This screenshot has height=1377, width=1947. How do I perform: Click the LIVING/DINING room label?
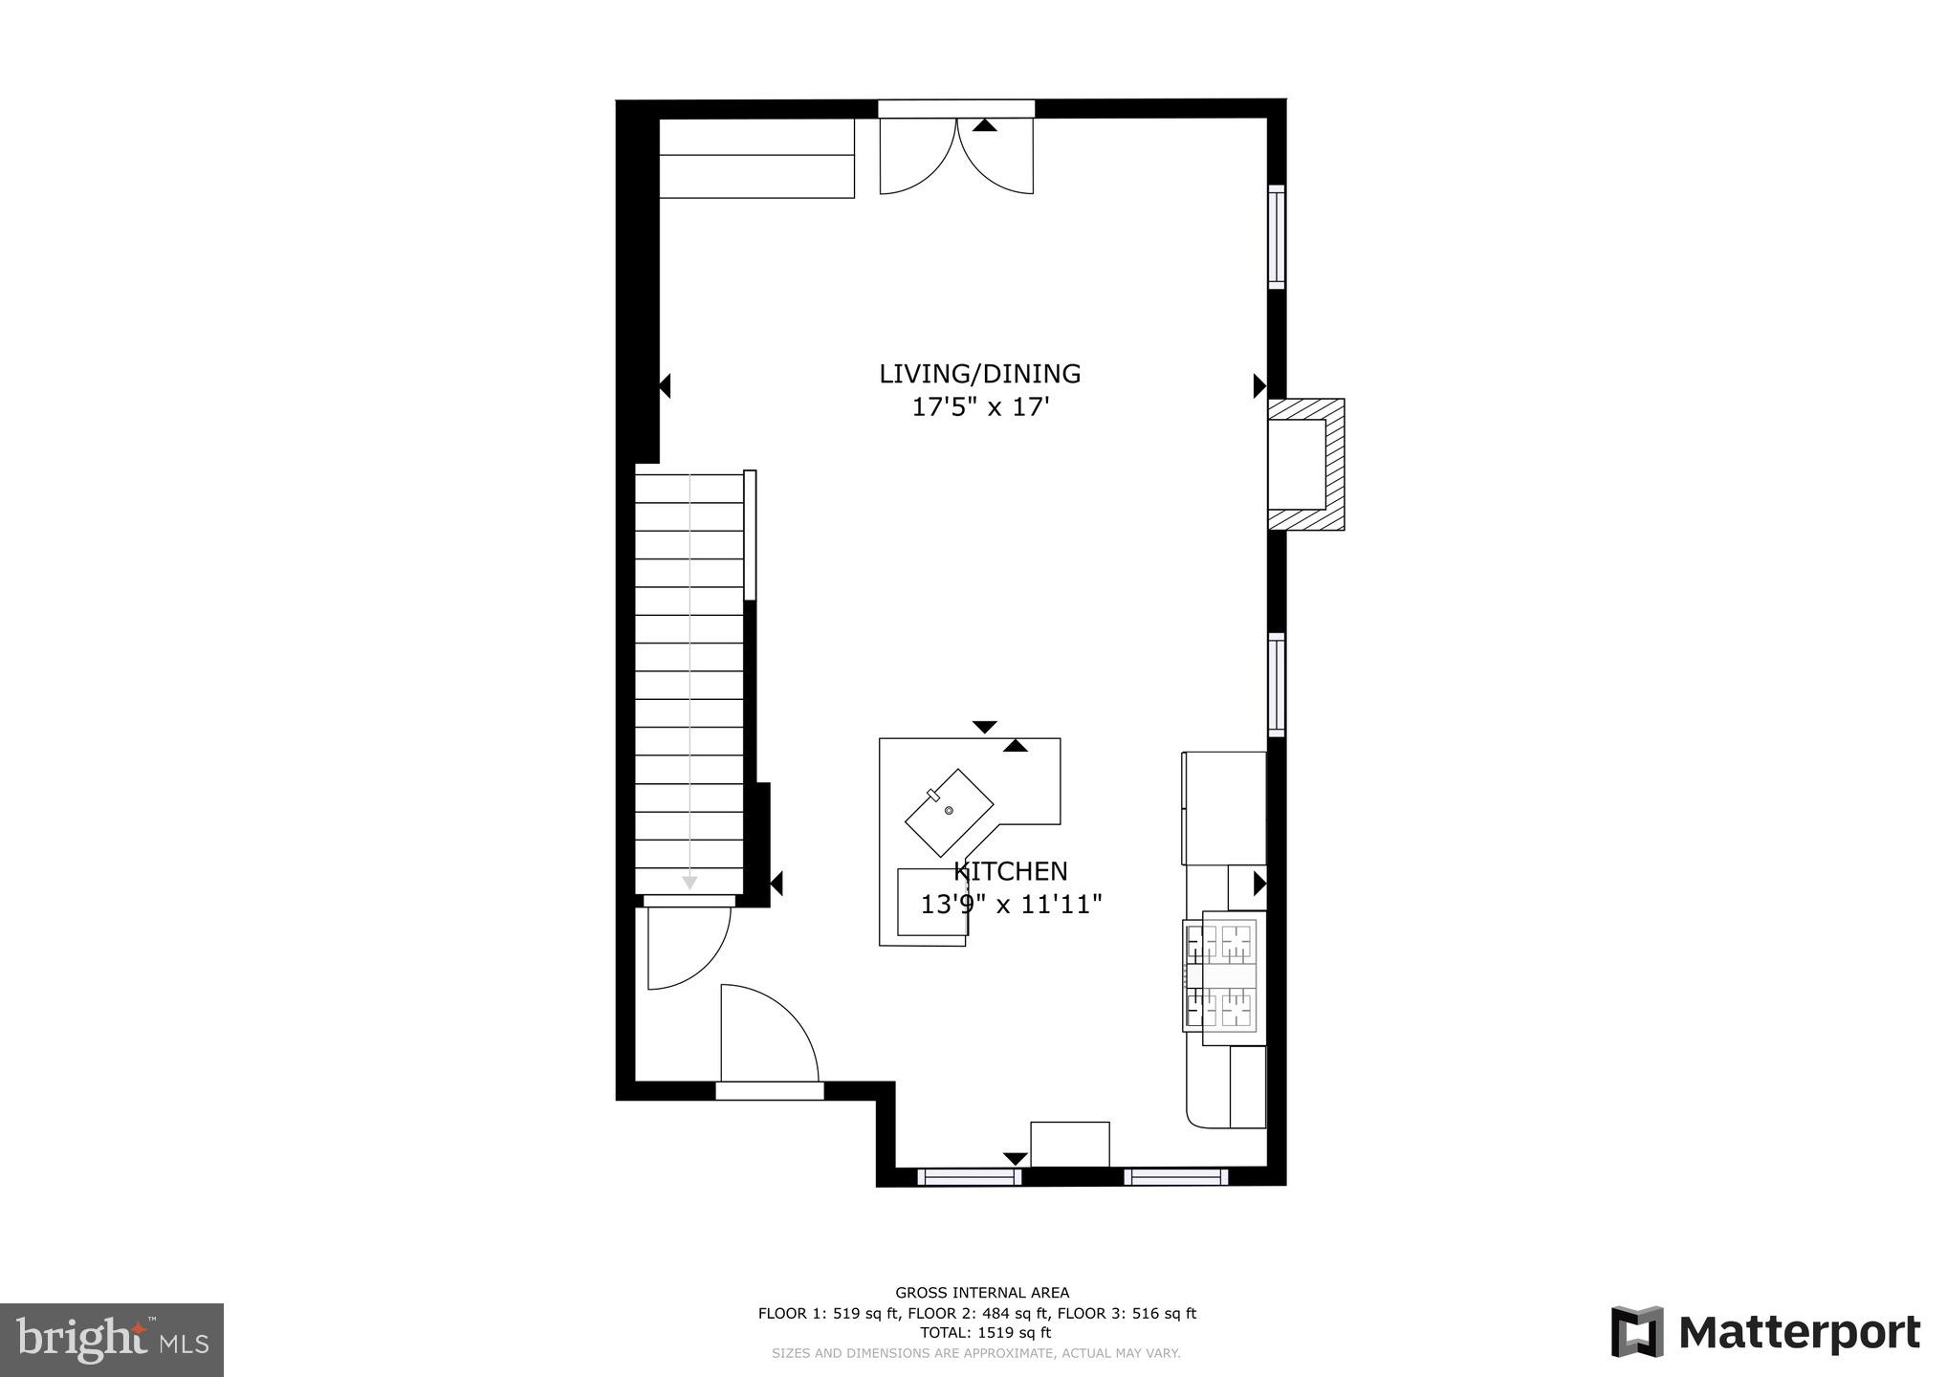tap(979, 374)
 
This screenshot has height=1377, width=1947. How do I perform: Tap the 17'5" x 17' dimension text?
tap(979, 407)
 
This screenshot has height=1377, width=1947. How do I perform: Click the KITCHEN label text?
tap(1010, 871)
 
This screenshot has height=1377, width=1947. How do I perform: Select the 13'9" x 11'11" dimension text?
tap(1011, 904)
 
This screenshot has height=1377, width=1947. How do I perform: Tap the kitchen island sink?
tap(949, 812)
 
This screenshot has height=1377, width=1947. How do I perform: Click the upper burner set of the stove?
tap(1222, 943)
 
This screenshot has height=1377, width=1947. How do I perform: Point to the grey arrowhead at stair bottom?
tap(689, 882)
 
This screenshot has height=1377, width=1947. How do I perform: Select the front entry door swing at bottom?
tap(768, 1038)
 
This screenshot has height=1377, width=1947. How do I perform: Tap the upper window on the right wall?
tap(1277, 236)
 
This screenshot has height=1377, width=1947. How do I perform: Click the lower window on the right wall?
tap(1277, 685)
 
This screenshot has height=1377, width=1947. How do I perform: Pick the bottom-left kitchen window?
tap(969, 1176)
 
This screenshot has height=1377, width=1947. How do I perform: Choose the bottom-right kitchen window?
tap(1175, 1176)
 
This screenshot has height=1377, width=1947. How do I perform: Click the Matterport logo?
tap(1765, 1332)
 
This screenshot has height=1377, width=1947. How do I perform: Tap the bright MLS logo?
tap(112, 1340)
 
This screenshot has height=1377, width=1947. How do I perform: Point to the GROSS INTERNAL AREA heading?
tap(981, 1293)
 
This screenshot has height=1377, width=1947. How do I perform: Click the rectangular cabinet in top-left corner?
tap(756, 158)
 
